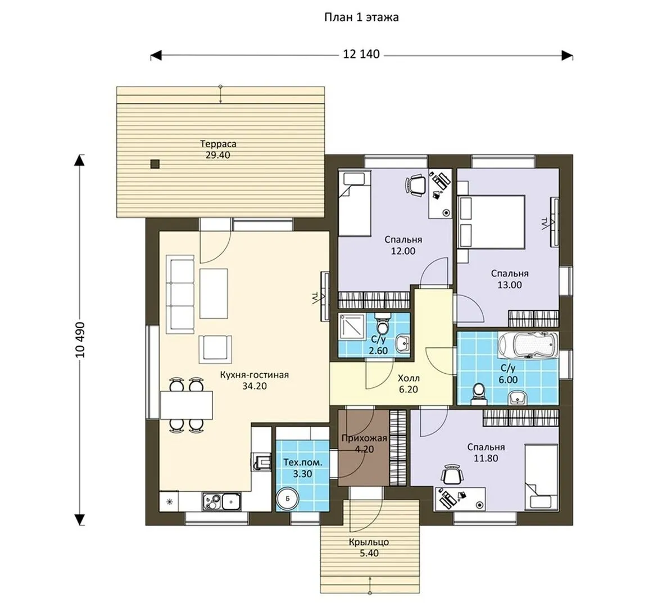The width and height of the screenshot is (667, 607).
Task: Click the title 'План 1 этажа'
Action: [361, 17]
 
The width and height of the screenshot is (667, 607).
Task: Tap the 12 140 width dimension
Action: [361, 55]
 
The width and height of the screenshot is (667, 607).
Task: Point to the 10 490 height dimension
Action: [80, 340]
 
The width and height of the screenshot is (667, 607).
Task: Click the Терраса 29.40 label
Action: [218, 150]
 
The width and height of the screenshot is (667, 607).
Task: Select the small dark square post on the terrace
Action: [155, 164]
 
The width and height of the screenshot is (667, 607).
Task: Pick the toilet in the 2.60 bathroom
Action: [383, 324]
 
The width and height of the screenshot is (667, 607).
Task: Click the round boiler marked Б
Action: [288, 499]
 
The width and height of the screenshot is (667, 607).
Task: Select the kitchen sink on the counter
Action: [222, 501]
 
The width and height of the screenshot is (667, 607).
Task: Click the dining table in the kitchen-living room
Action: [187, 405]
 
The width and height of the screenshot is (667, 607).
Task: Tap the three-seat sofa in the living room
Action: [182, 294]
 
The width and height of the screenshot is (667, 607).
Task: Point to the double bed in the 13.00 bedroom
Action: [491, 221]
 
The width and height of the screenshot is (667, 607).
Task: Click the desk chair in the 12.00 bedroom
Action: [415, 186]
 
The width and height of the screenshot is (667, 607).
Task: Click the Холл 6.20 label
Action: [409, 384]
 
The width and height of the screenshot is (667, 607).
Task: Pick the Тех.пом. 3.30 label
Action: [302, 468]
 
